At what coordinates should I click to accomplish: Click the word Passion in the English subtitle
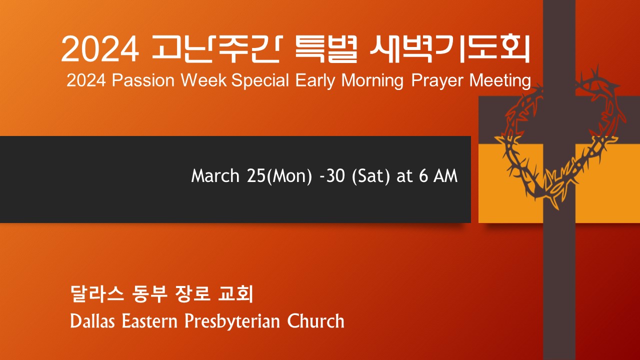click(143, 80)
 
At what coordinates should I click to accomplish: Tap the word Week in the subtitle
click(203, 80)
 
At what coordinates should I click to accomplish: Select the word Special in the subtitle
click(260, 81)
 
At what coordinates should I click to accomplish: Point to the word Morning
click(372, 81)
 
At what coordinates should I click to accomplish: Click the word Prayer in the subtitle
click(437, 81)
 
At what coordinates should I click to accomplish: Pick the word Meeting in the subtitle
click(500, 81)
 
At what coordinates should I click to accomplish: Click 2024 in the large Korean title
click(100, 49)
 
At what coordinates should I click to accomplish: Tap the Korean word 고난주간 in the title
click(215, 48)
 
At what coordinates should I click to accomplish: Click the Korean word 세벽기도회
click(449, 48)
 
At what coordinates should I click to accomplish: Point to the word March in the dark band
click(215, 175)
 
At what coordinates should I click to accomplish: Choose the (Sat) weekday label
click(371, 176)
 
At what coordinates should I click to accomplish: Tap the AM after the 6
click(445, 175)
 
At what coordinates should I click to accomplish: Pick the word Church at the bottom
click(315, 321)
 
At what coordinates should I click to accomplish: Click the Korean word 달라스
click(97, 293)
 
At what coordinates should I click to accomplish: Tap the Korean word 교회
click(235, 293)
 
